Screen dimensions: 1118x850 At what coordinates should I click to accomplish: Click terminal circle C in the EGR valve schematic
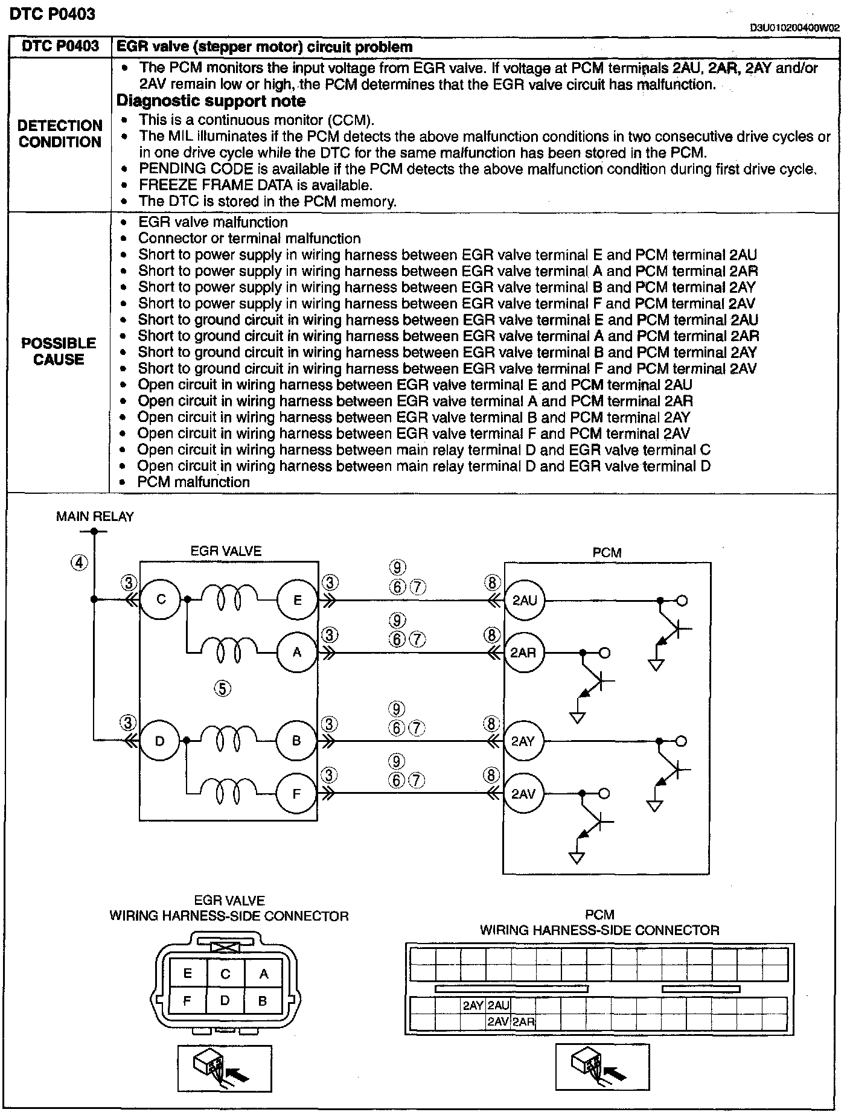pos(161,599)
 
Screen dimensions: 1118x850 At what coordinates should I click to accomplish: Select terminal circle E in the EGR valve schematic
pos(297,599)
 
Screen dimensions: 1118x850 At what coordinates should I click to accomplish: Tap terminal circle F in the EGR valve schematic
pos(296,793)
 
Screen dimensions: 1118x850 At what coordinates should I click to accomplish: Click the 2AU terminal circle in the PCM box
pos(524,600)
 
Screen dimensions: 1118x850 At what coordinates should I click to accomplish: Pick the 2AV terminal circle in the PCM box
pos(523,793)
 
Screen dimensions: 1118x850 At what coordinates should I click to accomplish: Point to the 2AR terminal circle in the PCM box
pos(523,653)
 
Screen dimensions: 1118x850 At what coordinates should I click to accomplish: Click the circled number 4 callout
pos(79,563)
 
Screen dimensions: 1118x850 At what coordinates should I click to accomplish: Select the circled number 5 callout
pos(223,688)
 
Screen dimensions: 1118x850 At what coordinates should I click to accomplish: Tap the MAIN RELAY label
pos(95,516)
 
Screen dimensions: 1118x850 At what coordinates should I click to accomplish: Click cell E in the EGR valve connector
pos(188,973)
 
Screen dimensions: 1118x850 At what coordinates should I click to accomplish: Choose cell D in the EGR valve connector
pos(225,1000)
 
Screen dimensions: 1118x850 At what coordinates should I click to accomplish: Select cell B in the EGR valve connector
pos(263,1000)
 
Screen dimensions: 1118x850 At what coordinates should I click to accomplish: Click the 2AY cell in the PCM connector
pos(473,1005)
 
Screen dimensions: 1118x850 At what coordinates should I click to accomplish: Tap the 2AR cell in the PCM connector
pos(523,1021)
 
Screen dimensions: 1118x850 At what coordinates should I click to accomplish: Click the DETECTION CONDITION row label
pos(60,134)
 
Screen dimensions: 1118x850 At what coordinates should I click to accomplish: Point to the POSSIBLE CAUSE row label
pos(59,351)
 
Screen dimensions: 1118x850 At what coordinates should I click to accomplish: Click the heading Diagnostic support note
pos(211,101)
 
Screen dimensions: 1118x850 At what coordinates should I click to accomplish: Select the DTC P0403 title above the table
pos(53,14)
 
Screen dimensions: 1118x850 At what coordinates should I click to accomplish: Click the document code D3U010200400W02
pos(794,28)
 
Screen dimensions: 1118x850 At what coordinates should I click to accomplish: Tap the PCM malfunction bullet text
pos(193,482)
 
